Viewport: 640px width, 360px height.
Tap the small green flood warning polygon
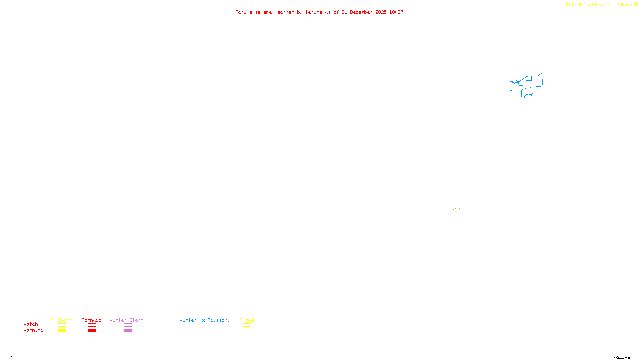point(456,209)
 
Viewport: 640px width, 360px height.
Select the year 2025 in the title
point(381,12)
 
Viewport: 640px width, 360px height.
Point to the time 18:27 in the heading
point(396,12)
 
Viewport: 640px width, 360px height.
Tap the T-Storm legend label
point(62,320)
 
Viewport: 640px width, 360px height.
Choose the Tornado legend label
point(92,320)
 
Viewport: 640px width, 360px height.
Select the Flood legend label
point(247,320)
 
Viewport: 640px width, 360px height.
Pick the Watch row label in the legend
point(31,324)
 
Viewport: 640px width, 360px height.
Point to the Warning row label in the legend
point(33,330)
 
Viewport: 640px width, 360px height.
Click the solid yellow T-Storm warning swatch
point(62,331)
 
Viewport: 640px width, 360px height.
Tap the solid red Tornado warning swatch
point(92,331)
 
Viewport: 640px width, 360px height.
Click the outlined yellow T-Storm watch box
point(62,325)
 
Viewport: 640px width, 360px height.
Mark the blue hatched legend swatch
point(204,331)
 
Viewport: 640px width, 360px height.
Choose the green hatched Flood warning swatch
point(247,331)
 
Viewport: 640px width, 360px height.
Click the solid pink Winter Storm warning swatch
point(128,331)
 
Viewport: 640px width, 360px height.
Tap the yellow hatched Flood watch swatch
point(247,325)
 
